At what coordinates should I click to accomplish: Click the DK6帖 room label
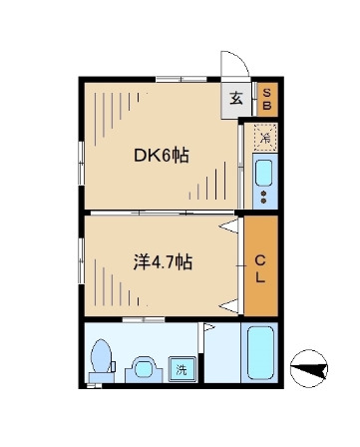(x=163, y=156)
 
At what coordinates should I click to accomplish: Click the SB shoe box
(x=266, y=99)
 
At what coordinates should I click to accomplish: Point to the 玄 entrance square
(x=236, y=99)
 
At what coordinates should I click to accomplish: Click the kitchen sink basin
(x=264, y=173)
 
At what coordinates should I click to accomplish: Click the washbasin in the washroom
(x=145, y=370)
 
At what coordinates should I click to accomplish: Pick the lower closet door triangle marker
(x=229, y=302)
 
